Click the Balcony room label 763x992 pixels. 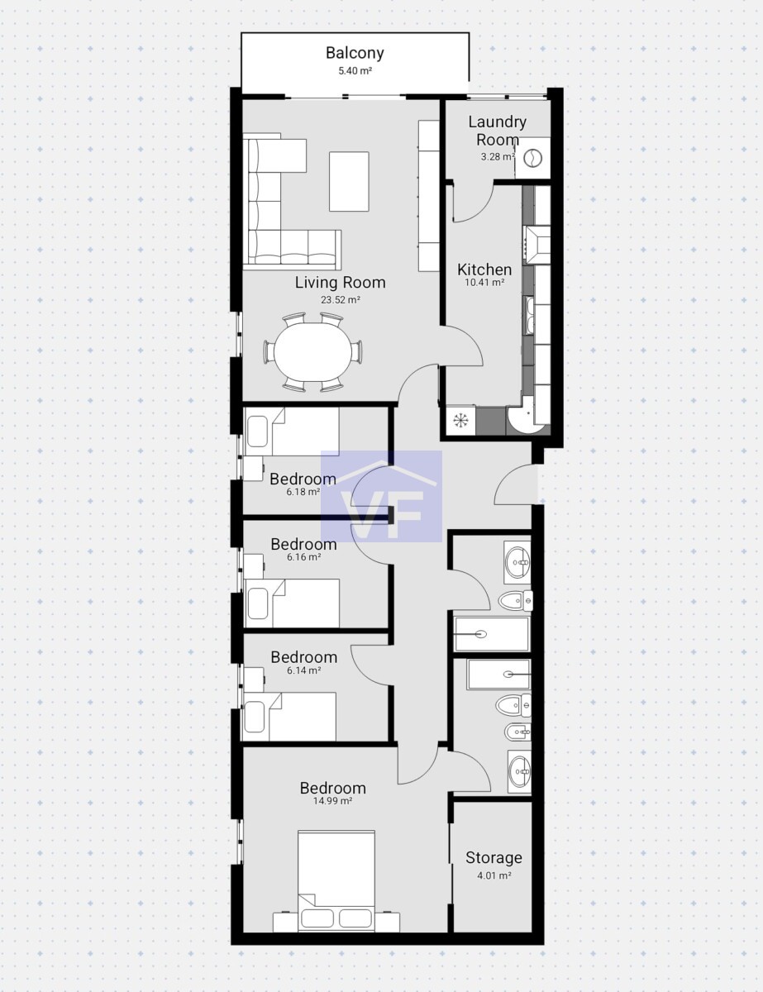point(355,53)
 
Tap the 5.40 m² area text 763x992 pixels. point(355,71)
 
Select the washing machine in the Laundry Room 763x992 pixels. point(533,158)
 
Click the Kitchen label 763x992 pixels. point(484,269)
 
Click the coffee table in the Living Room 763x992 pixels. point(349,181)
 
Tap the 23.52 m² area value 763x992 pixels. point(341,300)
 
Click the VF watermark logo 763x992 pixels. point(382,496)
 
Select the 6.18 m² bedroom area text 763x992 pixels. point(303,492)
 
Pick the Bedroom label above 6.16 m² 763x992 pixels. point(303,544)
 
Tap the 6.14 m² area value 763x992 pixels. point(303,670)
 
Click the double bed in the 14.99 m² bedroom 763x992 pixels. point(336,880)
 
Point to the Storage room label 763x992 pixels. point(494,858)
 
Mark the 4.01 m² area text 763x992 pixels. point(494,875)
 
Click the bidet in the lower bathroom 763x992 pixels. point(518,732)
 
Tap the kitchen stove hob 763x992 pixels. point(537,246)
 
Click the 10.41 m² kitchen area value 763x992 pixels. point(484,282)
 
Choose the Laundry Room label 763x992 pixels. point(498,131)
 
